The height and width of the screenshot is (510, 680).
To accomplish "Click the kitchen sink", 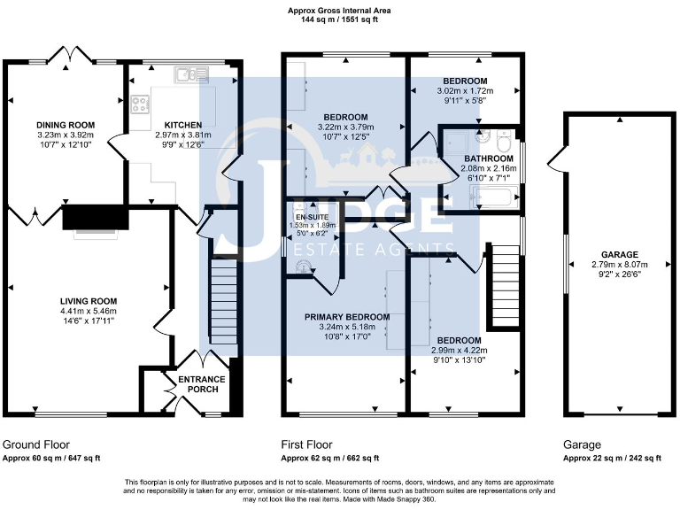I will coord(187,75).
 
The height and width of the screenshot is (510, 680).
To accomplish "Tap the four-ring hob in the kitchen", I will coord(141,105).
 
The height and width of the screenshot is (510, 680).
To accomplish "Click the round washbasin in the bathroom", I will coord(482,137).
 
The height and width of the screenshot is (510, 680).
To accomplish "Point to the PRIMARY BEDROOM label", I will coord(347,317).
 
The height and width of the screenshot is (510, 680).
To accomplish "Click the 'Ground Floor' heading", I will coord(36,444).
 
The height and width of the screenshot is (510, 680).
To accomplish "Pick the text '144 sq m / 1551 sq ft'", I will coord(339,19).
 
